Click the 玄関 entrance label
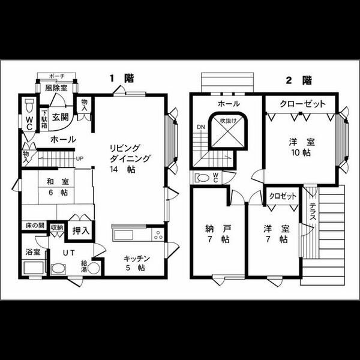(x=61, y=118)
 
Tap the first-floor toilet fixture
(x=29, y=106)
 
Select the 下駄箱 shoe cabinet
(x=44, y=119)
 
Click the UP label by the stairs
(x=79, y=158)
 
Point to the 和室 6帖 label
(x=58, y=187)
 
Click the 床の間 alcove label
(x=35, y=226)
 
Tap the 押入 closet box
(x=80, y=231)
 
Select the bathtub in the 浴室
(x=34, y=268)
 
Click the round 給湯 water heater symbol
(x=94, y=268)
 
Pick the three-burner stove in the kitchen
(x=158, y=235)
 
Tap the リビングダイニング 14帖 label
(x=130, y=158)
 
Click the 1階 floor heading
(x=122, y=79)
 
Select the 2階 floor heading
(x=299, y=80)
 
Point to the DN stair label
(x=200, y=127)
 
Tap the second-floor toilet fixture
(x=202, y=178)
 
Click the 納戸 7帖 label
(x=218, y=234)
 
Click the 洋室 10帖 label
(x=302, y=148)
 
